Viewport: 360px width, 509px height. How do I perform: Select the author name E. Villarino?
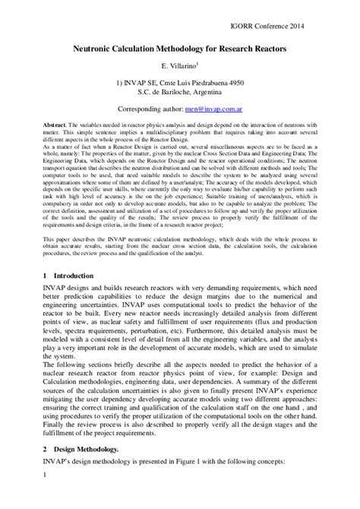(x=180, y=67)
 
